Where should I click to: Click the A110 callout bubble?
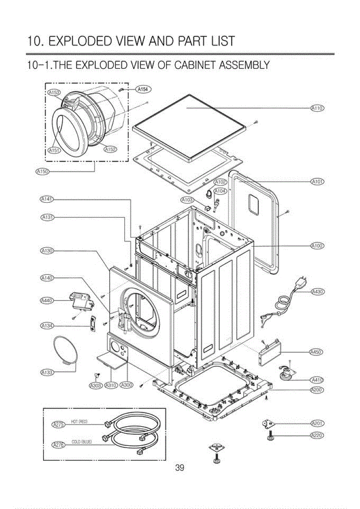[318, 109]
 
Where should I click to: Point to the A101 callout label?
[318, 182]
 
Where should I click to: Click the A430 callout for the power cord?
[318, 291]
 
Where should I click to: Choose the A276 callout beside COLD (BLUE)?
[57, 444]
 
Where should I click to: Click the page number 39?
[179, 468]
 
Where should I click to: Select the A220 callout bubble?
[318, 435]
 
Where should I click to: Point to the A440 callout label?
[46, 300]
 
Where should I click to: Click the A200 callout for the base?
[318, 389]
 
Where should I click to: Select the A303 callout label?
[95, 385]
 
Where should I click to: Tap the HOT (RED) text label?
[79, 421]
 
